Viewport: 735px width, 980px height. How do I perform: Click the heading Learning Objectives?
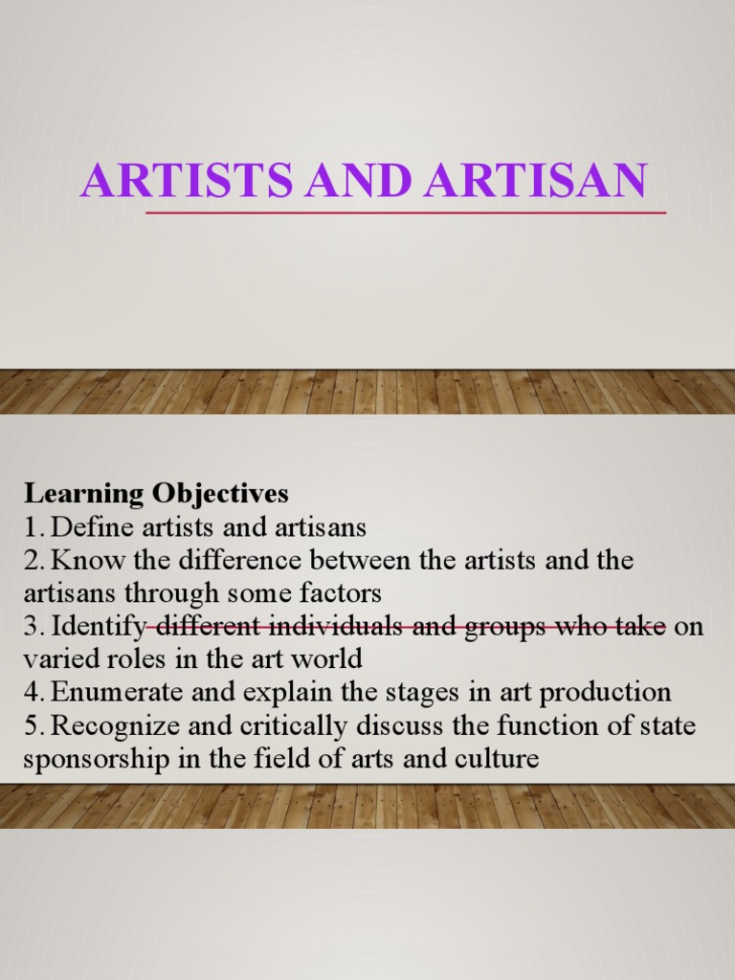156,494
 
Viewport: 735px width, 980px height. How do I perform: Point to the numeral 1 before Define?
31,527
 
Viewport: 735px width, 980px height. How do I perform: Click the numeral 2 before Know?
32,561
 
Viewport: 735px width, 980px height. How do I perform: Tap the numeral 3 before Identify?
32,628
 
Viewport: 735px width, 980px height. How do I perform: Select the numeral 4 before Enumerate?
32,694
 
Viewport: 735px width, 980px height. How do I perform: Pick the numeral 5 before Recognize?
32,727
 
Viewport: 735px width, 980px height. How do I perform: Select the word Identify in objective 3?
99,628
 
